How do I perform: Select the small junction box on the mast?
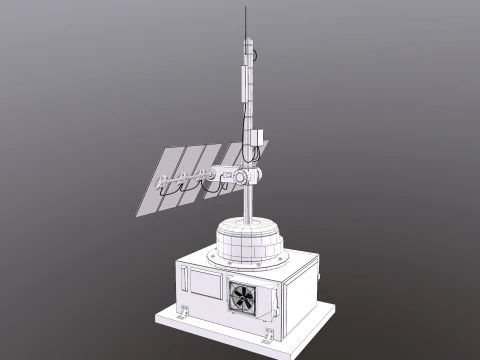tap(256, 139)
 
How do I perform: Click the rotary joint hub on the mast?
tap(247, 178)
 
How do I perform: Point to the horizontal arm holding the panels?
tap(200, 183)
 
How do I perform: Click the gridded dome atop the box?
tap(250, 240)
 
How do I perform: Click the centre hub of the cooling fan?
tap(243, 296)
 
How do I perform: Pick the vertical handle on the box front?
tap(184, 285)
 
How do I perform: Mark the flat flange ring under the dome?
tap(250, 262)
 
